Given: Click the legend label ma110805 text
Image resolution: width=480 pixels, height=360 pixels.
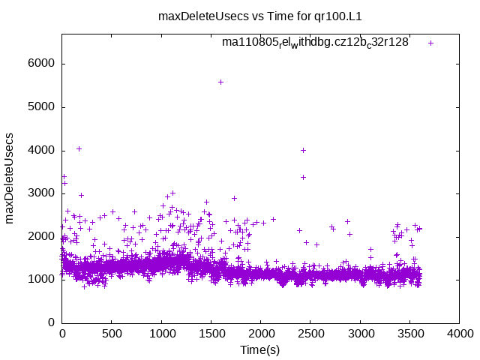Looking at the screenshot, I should (x=315, y=43).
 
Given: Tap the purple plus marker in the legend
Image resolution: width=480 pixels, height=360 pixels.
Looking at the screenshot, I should (x=430, y=43).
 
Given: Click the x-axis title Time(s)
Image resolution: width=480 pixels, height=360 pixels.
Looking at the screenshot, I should (x=259, y=349).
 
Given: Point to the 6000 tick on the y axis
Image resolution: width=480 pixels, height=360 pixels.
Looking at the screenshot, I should (x=43, y=64).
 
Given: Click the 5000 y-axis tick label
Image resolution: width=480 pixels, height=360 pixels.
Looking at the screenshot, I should (x=43, y=107).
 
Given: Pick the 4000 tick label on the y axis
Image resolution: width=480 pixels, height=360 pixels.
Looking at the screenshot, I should (x=43, y=150).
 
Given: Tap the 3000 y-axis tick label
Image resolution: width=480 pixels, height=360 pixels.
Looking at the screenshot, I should (x=43, y=193).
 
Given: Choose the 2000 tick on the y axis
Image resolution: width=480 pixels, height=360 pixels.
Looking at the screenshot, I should (x=43, y=236).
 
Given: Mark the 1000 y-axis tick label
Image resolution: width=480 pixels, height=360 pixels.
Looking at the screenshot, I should (x=43, y=280).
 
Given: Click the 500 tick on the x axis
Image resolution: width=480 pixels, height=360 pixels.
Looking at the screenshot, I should (x=112, y=334).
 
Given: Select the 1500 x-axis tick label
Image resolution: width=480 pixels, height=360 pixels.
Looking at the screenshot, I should (x=211, y=334).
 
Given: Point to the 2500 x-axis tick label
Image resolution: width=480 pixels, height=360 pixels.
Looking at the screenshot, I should (x=310, y=334).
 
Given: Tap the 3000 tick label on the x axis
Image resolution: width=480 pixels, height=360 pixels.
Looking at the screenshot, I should (x=360, y=334).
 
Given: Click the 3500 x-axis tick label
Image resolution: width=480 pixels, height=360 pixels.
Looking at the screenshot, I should (x=409, y=334).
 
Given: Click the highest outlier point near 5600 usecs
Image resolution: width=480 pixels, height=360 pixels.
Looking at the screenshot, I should (x=220, y=82).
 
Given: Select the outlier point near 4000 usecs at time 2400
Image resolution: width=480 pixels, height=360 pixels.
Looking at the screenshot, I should (x=303, y=150).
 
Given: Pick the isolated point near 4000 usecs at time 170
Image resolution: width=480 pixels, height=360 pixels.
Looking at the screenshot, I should (x=79, y=148).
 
